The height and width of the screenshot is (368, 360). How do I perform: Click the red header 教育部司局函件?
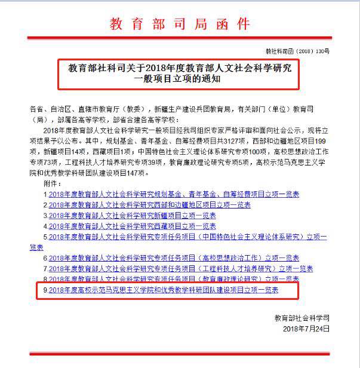point(180,24)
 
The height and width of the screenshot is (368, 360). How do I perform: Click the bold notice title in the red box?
point(180,73)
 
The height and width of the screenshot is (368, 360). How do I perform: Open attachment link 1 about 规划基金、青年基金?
point(174,194)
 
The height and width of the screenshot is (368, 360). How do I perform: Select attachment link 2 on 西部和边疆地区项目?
point(149,205)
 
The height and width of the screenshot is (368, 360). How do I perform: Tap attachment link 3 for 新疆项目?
point(132,216)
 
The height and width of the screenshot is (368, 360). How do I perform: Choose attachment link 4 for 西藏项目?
point(132,226)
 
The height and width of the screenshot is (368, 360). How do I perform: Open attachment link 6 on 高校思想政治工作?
point(174,258)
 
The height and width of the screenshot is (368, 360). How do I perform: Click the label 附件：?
point(54,184)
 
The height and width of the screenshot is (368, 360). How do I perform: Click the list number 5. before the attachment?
point(45,237)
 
